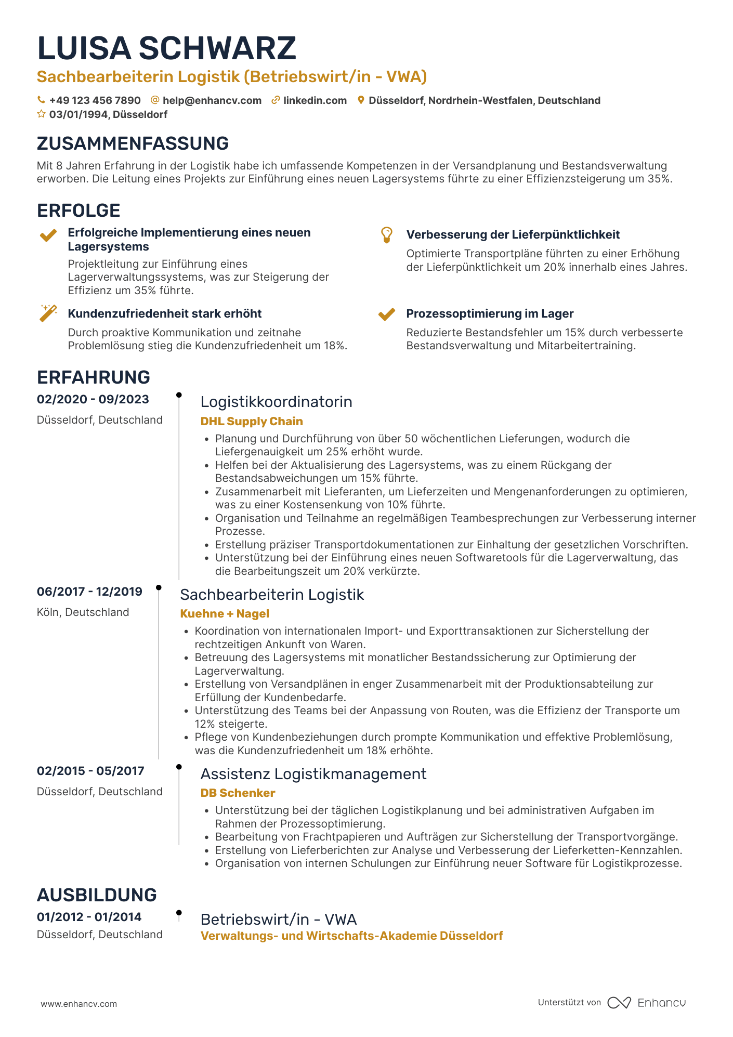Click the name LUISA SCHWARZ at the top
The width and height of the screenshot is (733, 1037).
(166, 48)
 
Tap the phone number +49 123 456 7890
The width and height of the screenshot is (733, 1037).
(95, 100)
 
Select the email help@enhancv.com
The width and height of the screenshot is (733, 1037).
(212, 100)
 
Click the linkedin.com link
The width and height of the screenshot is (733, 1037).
(315, 100)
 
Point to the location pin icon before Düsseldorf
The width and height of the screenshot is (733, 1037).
(361, 100)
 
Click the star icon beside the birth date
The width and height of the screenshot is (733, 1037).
(41, 114)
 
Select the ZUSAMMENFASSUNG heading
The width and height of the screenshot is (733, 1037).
(133, 143)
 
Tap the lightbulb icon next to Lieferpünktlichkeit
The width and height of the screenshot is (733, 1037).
(386, 235)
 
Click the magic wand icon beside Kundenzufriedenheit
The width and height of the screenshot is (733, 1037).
(48, 313)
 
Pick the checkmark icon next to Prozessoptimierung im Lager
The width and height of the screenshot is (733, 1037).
(386, 314)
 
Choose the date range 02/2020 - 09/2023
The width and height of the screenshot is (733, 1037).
(93, 399)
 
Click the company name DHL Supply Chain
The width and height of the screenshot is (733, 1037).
(252, 421)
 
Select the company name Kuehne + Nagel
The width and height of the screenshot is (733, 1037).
(225, 613)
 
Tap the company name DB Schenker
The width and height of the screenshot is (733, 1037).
(238, 793)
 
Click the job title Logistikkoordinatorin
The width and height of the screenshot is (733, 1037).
(276, 402)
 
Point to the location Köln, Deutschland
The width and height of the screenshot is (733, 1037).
(83, 612)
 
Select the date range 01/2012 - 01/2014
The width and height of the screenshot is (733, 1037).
(89, 917)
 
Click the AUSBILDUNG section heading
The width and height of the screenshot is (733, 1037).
(97, 895)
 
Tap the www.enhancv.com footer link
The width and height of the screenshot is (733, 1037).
(79, 1004)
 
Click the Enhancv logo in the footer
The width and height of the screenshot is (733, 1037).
(647, 1003)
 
